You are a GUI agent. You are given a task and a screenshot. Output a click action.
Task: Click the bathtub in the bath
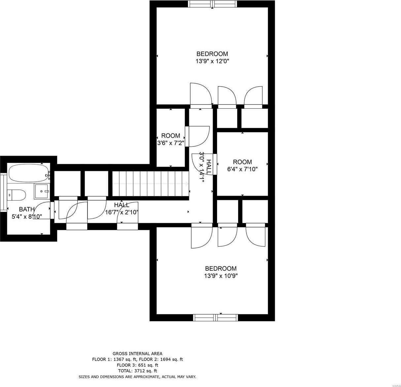pyautogui.click(x=29, y=173)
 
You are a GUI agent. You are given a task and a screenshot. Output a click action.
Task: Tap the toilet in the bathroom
pyautogui.click(x=16, y=195)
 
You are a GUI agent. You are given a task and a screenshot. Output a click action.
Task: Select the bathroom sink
pyautogui.click(x=42, y=191)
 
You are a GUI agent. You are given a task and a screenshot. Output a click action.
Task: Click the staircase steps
pyautogui.click(x=150, y=184)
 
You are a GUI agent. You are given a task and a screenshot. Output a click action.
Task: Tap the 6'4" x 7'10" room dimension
pyautogui.click(x=242, y=169)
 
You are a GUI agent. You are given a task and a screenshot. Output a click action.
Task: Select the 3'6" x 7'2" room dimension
pyautogui.click(x=171, y=143)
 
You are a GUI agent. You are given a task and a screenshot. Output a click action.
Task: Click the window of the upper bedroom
pyautogui.click(x=212, y=4)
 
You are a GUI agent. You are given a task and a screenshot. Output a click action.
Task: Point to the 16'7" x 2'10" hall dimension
pyautogui.click(x=122, y=212)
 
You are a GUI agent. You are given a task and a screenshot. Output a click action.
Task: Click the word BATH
pyautogui.click(x=27, y=209)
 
